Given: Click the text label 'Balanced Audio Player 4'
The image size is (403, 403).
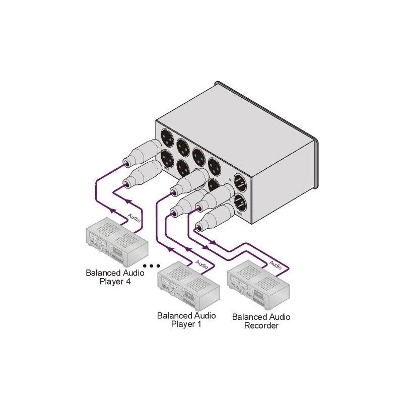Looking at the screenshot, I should click(x=115, y=277).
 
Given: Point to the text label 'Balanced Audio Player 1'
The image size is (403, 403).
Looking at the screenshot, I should click(x=186, y=319).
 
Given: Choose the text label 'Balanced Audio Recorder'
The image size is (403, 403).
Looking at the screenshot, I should click(x=261, y=321).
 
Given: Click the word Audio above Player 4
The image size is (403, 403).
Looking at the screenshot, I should click(x=135, y=219).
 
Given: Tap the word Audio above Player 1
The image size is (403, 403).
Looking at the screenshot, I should click(x=201, y=262).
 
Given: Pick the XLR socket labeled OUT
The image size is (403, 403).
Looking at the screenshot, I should click(x=241, y=204).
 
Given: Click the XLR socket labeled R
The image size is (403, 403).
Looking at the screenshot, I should click(x=240, y=182).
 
